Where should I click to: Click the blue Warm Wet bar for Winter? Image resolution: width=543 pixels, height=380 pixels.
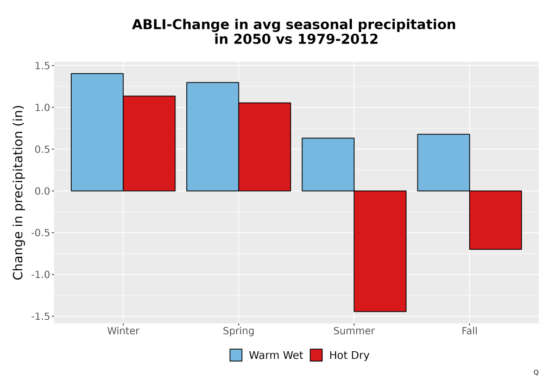[97, 132]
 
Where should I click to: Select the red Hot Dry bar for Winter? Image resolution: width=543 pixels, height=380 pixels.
[149, 143]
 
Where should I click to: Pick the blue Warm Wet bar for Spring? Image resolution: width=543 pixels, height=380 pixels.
[213, 137]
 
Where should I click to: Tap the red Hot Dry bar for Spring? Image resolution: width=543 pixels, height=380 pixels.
[264, 147]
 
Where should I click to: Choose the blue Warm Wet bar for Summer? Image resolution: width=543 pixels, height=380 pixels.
[328, 164]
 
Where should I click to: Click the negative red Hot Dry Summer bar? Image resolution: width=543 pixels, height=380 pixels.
[380, 251]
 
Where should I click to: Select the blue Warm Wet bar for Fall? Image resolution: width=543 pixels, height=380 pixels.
[444, 163]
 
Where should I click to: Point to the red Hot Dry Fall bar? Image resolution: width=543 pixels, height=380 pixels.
[496, 220]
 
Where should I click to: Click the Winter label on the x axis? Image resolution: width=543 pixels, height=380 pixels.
[123, 331]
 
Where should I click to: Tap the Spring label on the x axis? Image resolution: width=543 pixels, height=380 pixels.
[238, 331]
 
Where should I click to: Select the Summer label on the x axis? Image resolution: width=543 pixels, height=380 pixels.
[354, 331]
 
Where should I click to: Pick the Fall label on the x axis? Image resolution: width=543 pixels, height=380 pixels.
[470, 331]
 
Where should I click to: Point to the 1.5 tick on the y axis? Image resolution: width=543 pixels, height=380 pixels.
[42, 66]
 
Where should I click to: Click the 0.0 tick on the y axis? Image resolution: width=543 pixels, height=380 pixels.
[42, 191]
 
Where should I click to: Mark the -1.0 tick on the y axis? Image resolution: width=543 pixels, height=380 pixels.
[41, 275]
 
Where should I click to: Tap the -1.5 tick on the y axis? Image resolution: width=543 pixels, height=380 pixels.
[41, 316]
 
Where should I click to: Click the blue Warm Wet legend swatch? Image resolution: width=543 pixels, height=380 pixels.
[236, 355]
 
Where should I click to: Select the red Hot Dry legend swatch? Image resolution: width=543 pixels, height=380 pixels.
[316, 355]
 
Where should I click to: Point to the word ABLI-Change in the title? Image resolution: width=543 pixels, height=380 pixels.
[180, 24]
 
